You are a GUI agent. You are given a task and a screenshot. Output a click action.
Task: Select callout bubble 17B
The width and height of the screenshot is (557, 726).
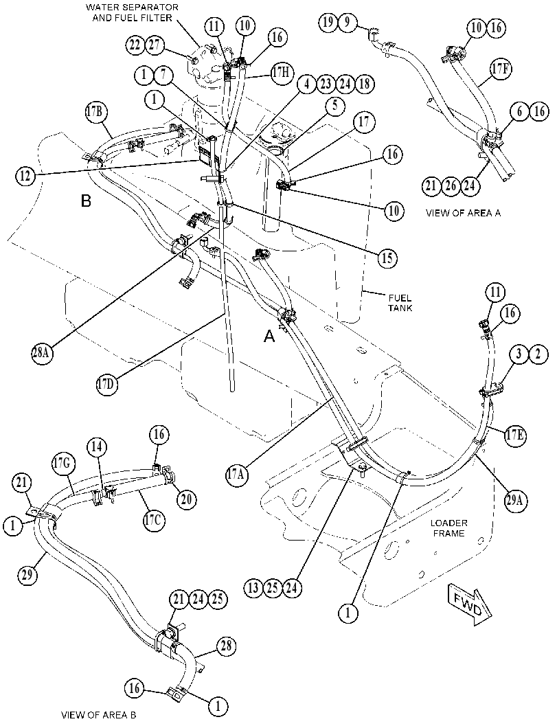pyautogui.click(x=97, y=113)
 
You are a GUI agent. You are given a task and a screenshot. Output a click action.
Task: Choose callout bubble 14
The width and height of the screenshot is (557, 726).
pyautogui.click(x=99, y=447)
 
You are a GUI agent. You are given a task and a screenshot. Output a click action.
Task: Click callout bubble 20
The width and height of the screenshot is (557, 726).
pyautogui.click(x=185, y=499)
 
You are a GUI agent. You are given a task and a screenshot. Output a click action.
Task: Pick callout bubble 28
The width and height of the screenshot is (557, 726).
pyautogui.click(x=226, y=646)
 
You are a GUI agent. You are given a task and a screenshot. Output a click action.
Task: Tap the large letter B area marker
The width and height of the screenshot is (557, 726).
pyautogui.click(x=86, y=201)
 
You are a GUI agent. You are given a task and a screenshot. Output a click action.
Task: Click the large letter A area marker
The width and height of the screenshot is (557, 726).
pyautogui.click(x=269, y=336)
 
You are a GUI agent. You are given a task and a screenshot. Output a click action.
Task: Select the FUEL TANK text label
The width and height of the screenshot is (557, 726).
pyautogui.click(x=400, y=303)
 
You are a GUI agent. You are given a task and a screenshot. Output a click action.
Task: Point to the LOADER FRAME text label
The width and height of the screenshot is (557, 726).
pyautogui.click(x=448, y=528)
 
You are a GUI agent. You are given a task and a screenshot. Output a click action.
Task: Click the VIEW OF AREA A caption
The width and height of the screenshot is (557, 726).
pyautogui.click(x=463, y=213)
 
